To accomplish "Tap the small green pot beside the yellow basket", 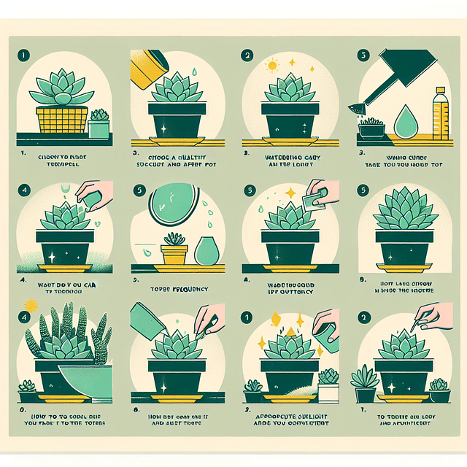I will (98, 126).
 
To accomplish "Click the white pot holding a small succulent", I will (329, 390).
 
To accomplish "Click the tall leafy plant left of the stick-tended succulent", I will (363, 384).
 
